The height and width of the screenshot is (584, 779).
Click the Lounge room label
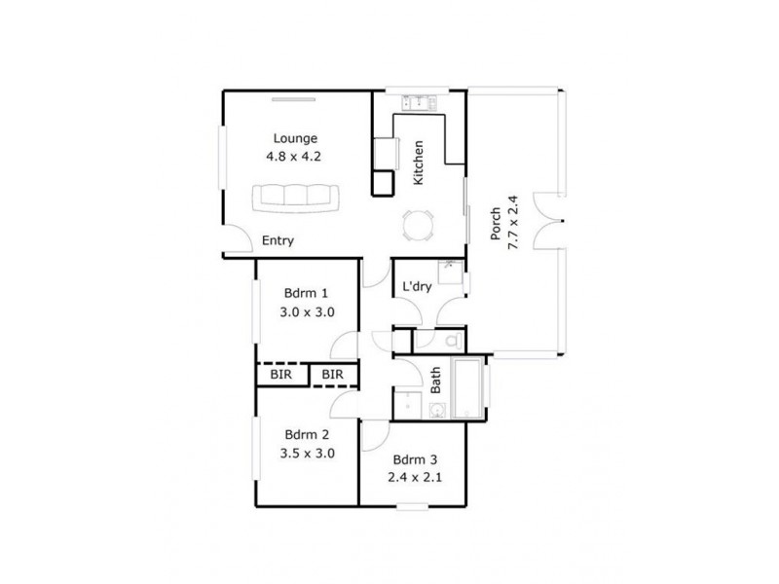(x=295, y=138)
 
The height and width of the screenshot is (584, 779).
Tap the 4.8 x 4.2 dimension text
(x=295, y=156)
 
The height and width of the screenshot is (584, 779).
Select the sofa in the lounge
(x=296, y=198)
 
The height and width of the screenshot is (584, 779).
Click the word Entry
(x=278, y=240)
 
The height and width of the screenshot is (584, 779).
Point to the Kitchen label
(x=419, y=164)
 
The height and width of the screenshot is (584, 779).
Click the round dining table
(x=416, y=227)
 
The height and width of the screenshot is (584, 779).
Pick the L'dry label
(x=417, y=287)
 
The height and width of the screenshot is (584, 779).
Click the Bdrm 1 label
(x=306, y=293)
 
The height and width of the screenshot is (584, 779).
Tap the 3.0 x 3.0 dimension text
(x=307, y=312)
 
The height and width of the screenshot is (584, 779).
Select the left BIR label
(x=281, y=375)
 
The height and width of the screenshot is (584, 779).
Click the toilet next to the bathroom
(x=451, y=342)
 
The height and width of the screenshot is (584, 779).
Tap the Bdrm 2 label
(x=307, y=434)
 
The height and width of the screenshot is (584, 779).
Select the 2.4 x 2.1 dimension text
(x=414, y=477)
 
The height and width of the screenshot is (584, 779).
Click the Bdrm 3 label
(x=414, y=459)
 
